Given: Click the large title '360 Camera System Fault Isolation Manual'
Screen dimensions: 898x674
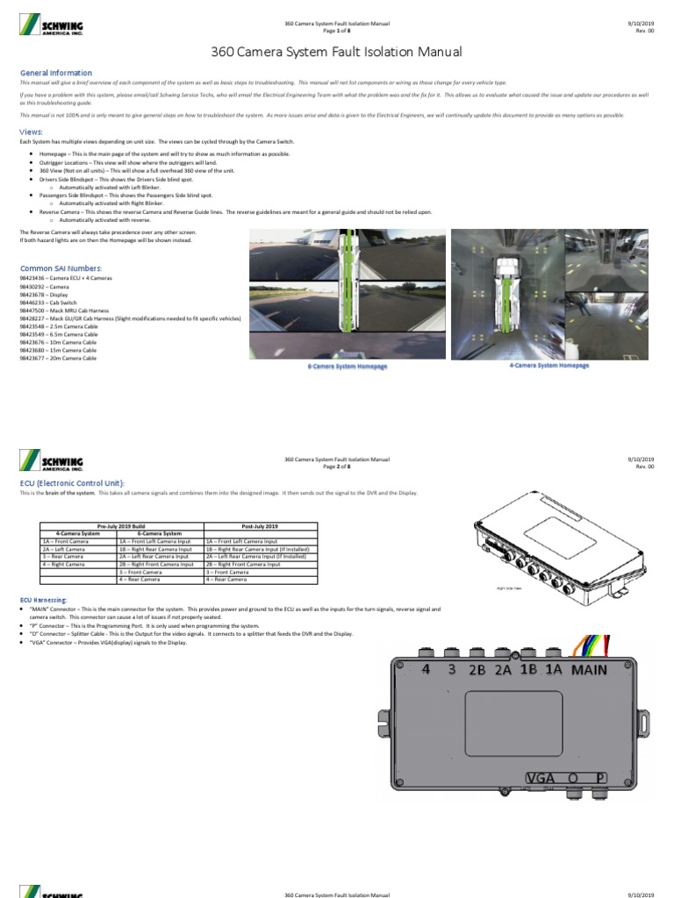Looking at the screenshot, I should point(337,53).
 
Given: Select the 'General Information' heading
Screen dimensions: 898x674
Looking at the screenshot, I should point(55,73).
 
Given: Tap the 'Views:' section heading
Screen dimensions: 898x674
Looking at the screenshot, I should point(32,132).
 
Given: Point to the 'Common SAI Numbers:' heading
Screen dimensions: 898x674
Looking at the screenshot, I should point(61,267).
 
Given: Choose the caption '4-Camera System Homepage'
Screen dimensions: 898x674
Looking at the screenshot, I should point(549,365).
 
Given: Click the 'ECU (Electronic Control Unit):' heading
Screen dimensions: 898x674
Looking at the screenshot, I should point(72,483).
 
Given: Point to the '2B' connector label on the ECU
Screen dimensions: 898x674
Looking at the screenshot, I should point(478,670).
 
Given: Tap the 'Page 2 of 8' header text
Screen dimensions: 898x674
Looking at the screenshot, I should point(337,467).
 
